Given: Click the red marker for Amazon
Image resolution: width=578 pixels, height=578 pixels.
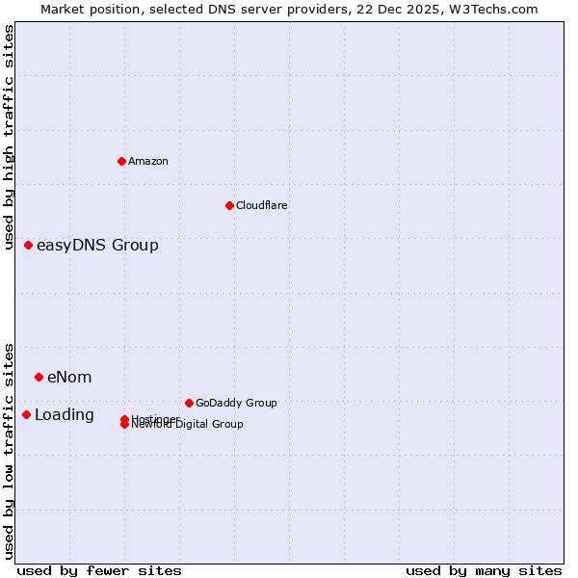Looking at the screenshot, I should (x=121, y=161).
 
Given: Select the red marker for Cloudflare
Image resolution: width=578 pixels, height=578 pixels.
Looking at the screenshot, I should (x=229, y=205).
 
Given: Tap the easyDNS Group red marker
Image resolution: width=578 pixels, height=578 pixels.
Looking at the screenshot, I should (x=28, y=245).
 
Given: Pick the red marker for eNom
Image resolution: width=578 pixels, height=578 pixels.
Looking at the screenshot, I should (x=39, y=377).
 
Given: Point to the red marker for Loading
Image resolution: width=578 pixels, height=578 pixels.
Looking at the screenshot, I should (x=26, y=414).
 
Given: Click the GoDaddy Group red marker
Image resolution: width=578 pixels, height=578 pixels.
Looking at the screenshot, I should (x=189, y=403).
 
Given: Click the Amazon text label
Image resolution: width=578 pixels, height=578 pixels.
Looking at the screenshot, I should (x=148, y=161).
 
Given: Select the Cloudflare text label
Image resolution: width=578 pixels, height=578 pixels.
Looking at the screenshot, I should (x=261, y=205).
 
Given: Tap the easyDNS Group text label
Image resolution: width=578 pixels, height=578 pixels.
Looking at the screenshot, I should (x=97, y=245).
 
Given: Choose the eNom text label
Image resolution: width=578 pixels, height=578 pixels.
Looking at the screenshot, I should (x=69, y=377).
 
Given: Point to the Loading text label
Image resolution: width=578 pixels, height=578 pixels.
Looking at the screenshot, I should (x=65, y=414).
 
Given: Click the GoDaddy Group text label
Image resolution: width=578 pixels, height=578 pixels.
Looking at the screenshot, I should (x=236, y=403).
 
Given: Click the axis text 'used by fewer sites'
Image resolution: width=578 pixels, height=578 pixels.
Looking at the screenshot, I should (x=99, y=570).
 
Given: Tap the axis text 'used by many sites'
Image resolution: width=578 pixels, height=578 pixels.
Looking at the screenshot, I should (x=484, y=570).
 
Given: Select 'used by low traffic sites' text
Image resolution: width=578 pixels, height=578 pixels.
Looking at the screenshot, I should (x=9, y=450).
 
